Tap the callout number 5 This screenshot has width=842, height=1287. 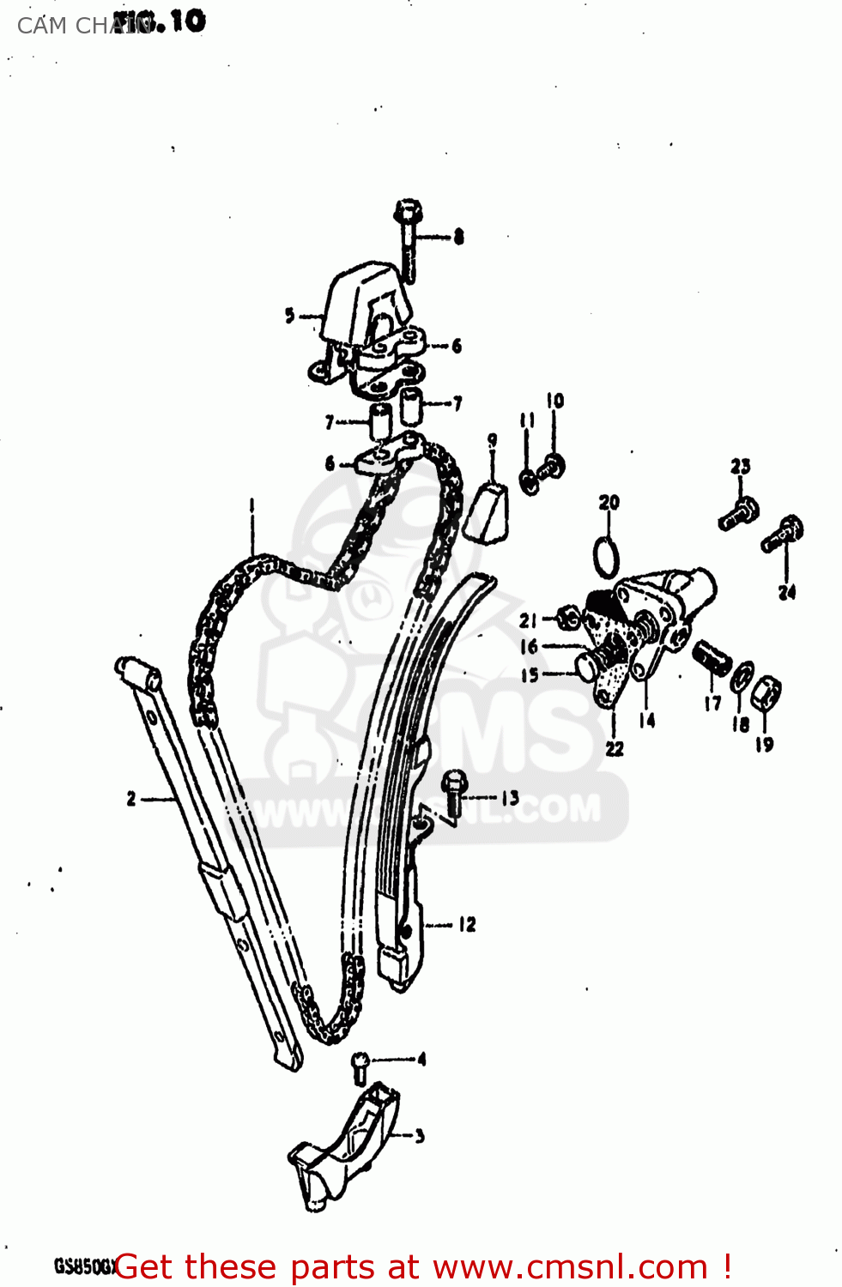point(290,316)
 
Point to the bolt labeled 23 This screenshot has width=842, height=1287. point(738,513)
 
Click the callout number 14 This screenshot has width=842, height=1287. point(647,721)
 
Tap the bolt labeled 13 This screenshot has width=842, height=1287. point(454,791)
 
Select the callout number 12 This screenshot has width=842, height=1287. point(467,924)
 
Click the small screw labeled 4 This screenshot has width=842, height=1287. point(360,1067)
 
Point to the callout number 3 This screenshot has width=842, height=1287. point(420,1137)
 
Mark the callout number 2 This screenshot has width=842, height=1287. point(131,799)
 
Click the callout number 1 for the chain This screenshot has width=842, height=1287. point(252,505)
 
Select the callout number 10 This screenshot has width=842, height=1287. point(555,401)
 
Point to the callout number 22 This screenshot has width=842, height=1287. point(615,748)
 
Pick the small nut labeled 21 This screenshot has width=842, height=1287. point(568,616)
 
